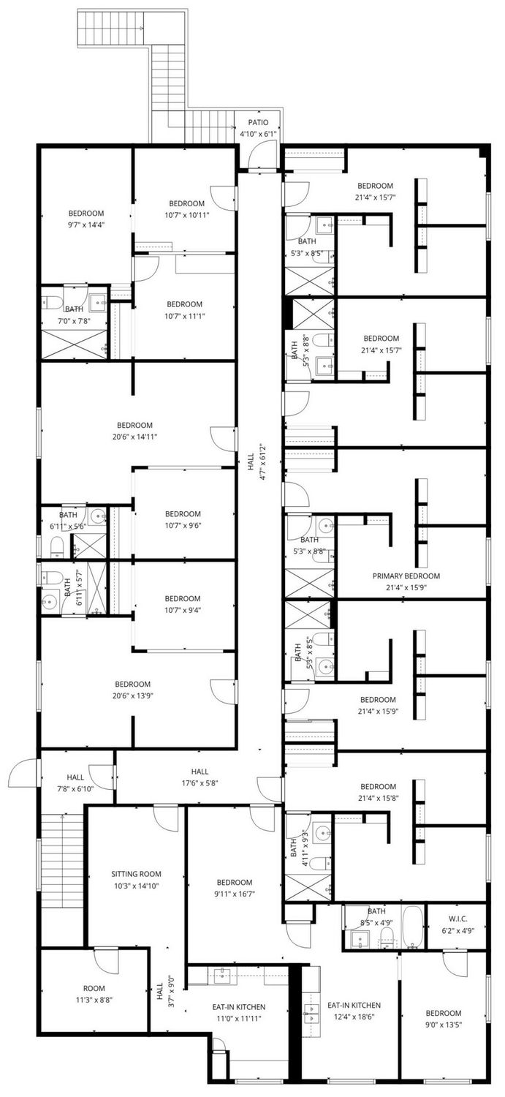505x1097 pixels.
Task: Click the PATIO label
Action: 258,122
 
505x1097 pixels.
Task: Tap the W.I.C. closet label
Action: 457,918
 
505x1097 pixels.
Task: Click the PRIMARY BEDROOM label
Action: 406,576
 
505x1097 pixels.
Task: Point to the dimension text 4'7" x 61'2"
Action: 263,469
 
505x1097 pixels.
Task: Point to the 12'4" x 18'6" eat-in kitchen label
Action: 354,1010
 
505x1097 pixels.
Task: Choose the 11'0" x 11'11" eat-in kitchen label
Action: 238,1012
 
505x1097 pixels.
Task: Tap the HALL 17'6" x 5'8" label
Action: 200,777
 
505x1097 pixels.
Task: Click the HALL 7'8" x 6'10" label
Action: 75,783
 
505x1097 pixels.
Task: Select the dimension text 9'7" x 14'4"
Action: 86,225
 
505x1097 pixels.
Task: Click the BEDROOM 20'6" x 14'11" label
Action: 134,431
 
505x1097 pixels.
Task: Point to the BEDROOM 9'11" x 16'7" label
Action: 235,888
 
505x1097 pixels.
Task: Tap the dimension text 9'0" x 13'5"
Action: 444,1025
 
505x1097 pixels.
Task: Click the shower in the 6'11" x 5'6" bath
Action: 89,546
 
